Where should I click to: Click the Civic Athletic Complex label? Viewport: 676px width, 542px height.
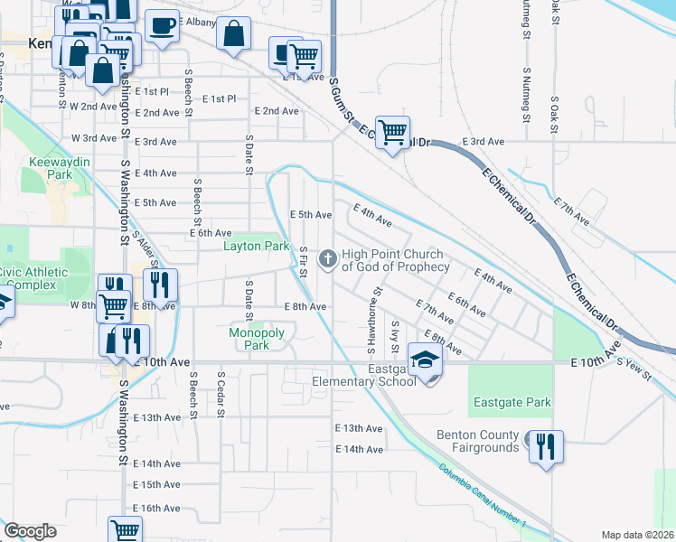click(33, 278)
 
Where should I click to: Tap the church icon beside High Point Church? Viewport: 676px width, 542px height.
click(327, 260)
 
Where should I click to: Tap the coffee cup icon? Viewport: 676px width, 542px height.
click(162, 26)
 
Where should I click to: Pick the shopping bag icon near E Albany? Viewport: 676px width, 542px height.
click(233, 33)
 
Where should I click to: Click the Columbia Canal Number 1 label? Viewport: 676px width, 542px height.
click(483, 495)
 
